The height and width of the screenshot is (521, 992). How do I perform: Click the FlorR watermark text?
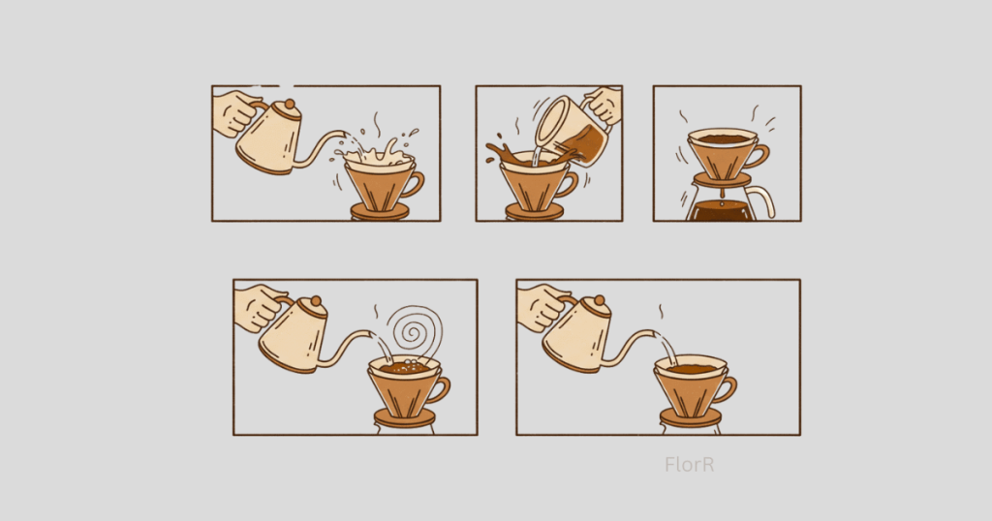pos(690,465)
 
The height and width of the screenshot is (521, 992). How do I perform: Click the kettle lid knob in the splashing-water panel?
pos(288,106)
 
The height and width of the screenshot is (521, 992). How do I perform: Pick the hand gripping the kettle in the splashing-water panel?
pos(233,113)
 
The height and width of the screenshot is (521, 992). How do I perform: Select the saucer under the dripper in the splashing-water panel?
pos(379,211)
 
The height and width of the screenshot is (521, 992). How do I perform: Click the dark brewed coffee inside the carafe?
pos(721,211)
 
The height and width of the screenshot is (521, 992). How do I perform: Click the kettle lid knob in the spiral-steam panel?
pos(315,302)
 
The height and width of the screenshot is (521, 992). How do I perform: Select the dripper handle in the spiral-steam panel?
pos(441,389)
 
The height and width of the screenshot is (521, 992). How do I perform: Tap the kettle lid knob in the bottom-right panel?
pos(598,302)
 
